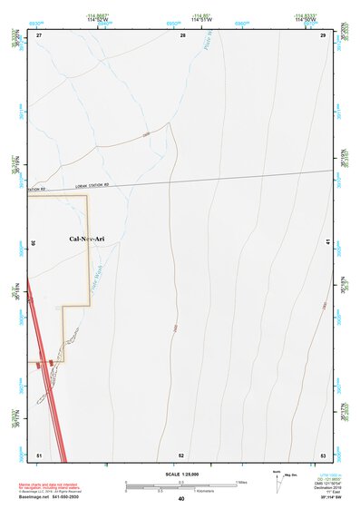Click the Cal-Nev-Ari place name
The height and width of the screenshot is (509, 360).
(x=88, y=239)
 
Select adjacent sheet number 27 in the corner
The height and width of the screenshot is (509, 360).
(x=39, y=34)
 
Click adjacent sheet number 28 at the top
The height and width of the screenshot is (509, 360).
(x=182, y=34)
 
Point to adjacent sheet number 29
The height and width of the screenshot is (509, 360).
(x=323, y=34)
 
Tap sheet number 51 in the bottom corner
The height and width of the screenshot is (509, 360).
(x=39, y=454)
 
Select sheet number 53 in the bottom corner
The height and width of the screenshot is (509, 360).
(x=323, y=454)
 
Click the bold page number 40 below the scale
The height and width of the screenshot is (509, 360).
(x=181, y=499)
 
